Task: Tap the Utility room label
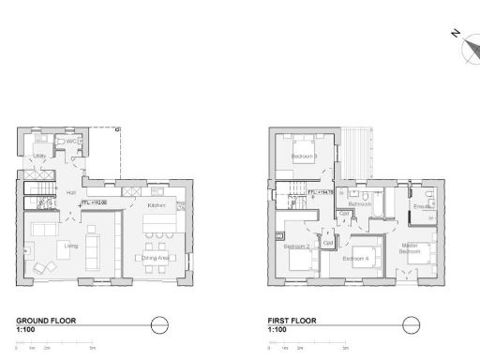coord(40,157)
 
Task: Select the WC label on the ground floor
coord(70,141)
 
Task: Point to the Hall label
coord(71,192)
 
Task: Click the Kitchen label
coord(156,204)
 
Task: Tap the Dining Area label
coord(157,257)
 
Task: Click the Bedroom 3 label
coord(303,156)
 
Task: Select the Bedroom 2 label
coord(297,246)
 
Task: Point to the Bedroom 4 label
coord(355,257)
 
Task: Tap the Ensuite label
coord(422,205)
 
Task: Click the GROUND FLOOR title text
coord(46,321)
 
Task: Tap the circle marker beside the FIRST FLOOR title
coord(411,324)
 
